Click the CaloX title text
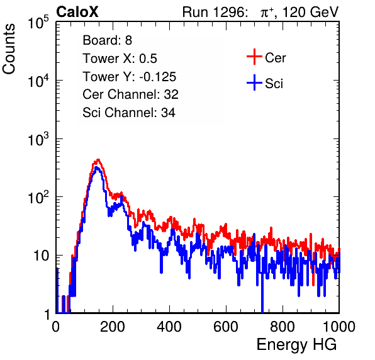tap(77, 12)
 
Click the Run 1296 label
tap(215, 12)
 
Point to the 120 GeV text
tap(310, 12)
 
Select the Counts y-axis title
tap(9, 49)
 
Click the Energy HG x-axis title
tap(296, 344)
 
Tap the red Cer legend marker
tap(254, 57)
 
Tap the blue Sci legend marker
tap(254, 82)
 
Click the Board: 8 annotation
tap(108, 40)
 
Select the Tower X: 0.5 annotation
tap(120, 59)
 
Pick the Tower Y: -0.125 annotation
tap(130, 77)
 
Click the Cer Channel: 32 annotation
tap(131, 94)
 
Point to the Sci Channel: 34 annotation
tap(129, 113)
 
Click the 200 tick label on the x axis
tap(113, 327)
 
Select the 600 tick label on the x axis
tap(226, 327)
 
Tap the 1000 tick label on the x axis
tap(339, 327)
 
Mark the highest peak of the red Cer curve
tap(98, 160)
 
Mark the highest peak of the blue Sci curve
tap(96, 167)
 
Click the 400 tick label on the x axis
tap(169, 327)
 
